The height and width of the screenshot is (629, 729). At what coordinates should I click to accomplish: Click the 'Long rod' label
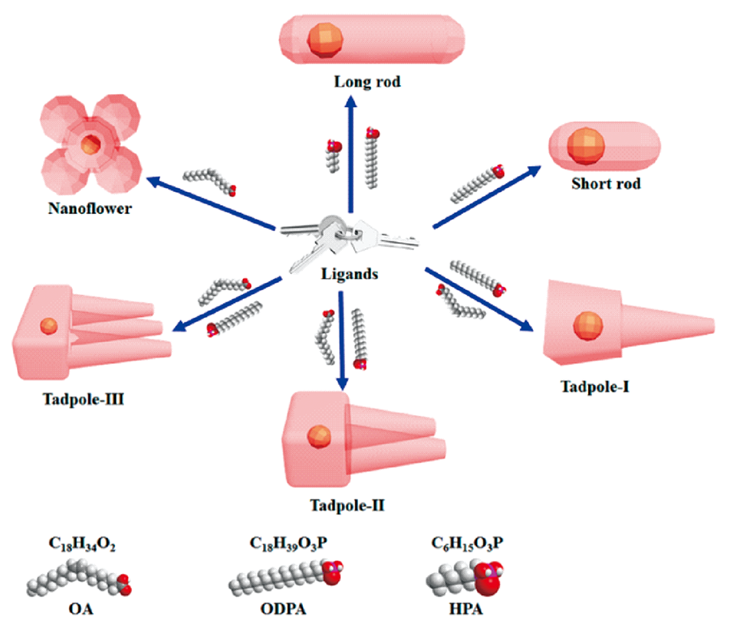(x=367, y=82)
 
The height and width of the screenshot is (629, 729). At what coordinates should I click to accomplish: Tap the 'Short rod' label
(x=606, y=184)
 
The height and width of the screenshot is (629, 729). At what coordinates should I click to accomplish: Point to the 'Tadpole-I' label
(x=595, y=386)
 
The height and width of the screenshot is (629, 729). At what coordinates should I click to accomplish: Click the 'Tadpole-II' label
(x=347, y=507)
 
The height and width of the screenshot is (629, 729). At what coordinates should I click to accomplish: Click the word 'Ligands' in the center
(x=348, y=274)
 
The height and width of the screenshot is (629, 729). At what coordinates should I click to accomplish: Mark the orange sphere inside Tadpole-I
(x=588, y=327)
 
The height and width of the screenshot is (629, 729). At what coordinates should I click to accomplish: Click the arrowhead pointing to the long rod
(x=352, y=101)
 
